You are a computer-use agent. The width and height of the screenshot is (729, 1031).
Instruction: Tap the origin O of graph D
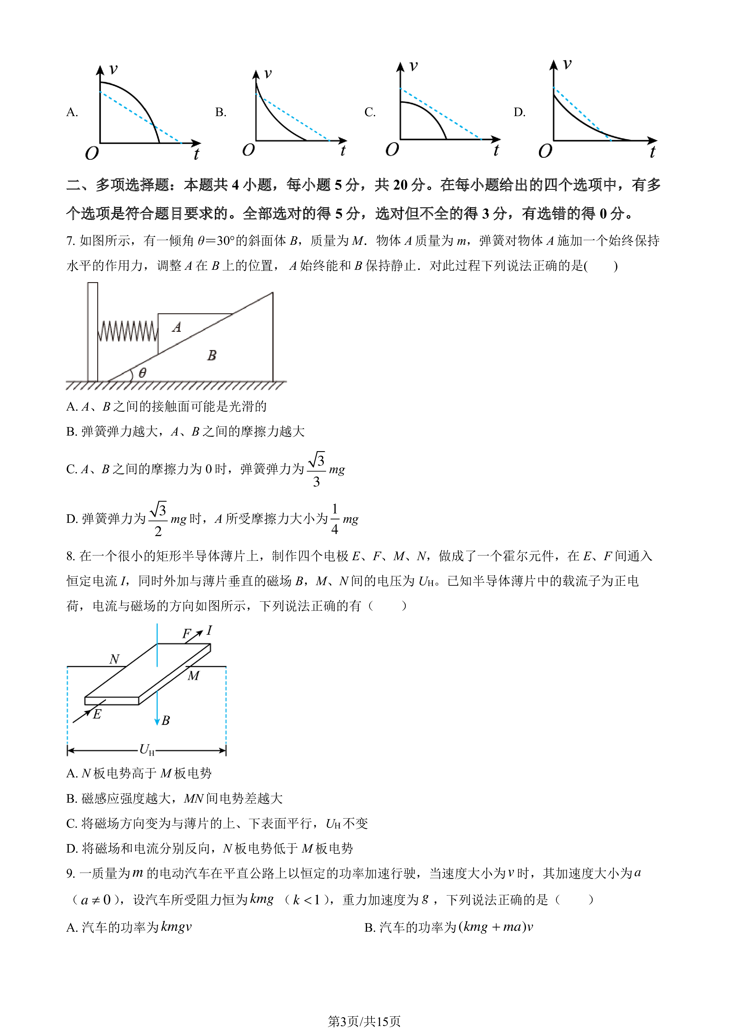[x=545, y=151]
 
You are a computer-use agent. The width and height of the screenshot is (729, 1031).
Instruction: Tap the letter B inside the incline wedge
[x=212, y=355]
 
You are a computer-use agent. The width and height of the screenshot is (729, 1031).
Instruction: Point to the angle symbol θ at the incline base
[x=142, y=373]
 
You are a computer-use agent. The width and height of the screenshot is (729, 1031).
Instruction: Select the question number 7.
[x=71, y=241]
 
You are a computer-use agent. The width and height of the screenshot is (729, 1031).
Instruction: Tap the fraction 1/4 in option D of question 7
[x=334, y=519]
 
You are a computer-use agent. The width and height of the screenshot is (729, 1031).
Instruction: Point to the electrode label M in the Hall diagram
[x=193, y=676]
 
